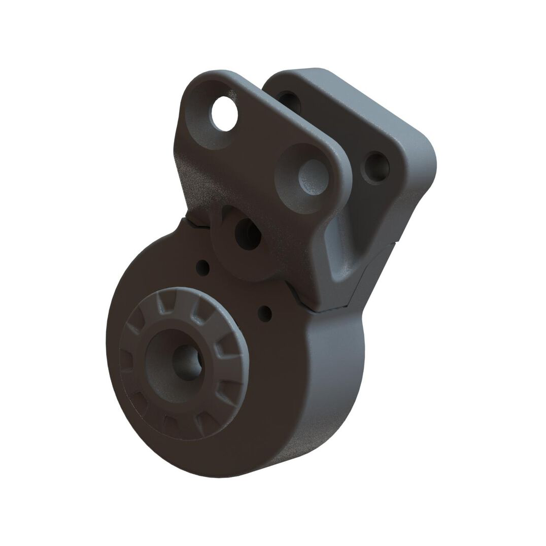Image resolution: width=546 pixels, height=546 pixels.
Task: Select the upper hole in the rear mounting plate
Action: point(290,101)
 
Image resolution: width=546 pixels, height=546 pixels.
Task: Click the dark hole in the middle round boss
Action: point(248,234)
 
